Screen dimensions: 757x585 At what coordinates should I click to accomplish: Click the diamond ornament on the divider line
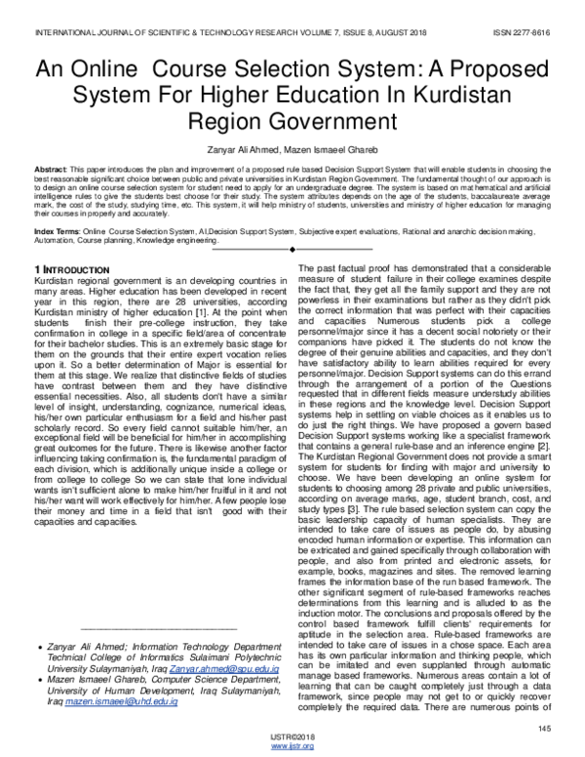tap(292, 252)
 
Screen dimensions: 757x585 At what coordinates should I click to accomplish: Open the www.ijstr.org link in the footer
tap(292, 747)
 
